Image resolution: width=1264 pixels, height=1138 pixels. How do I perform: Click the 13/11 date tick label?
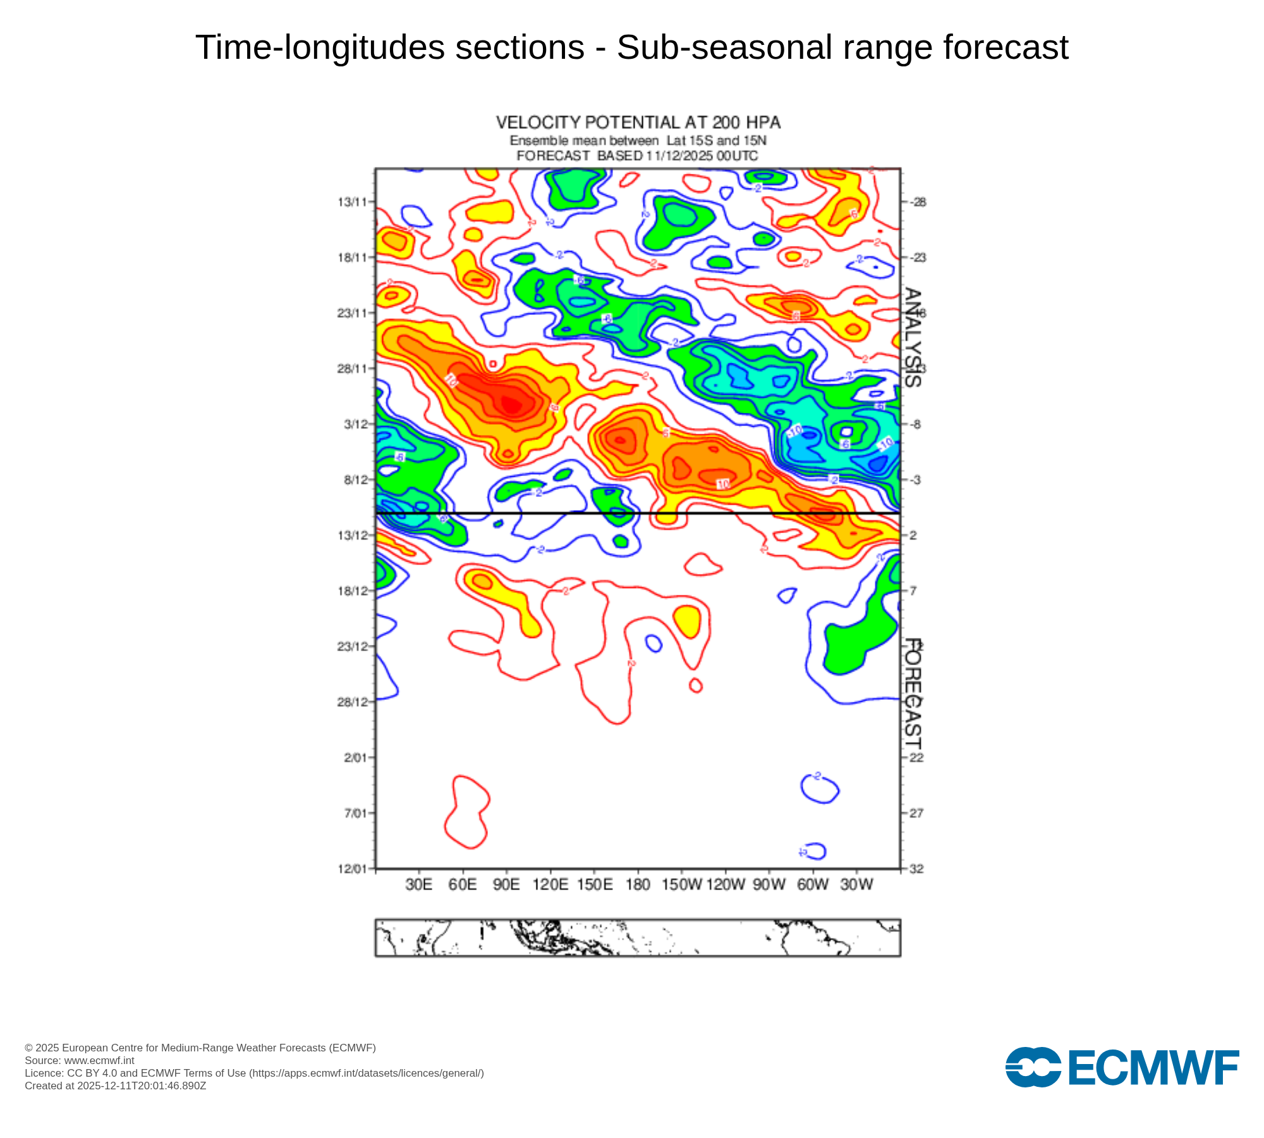pyautogui.click(x=352, y=202)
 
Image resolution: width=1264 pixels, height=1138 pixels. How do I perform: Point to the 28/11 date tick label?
pyautogui.click(x=352, y=369)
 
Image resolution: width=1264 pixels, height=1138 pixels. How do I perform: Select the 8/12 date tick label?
pyautogui.click(x=355, y=480)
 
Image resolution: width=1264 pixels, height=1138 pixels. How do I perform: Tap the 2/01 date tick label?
pyautogui.click(x=355, y=757)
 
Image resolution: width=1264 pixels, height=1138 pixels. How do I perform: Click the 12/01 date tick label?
pyautogui.click(x=352, y=869)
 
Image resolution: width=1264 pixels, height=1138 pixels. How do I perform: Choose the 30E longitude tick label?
pyautogui.click(x=419, y=884)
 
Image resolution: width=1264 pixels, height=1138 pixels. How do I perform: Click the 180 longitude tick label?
pyautogui.click(x=638, y=884)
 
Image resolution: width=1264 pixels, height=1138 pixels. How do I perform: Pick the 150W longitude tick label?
pyautogui.click(x=681, y=884)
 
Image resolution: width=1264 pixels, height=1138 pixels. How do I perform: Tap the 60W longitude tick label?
pyautogui.click(x=812, y=884)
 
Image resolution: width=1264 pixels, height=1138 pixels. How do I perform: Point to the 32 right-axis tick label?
pyautogui.click(x=916, y=869)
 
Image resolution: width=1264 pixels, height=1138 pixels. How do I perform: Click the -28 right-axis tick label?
pyautogui.click(x=918, y=202)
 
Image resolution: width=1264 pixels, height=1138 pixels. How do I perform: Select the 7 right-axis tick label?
pyautogui.click(x=913, y=591)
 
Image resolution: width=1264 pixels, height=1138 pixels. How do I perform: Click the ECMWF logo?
pyautogui.click(x=1122, y=1068)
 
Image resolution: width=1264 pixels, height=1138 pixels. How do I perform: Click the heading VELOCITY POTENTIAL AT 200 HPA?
pyautogui.click(x=638, y=123)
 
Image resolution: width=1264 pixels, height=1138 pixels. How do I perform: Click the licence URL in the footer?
pyautogui.click(x=367, y=1073)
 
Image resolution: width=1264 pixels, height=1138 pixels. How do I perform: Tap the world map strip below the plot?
pyautogui.click(x=638, y=938)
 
